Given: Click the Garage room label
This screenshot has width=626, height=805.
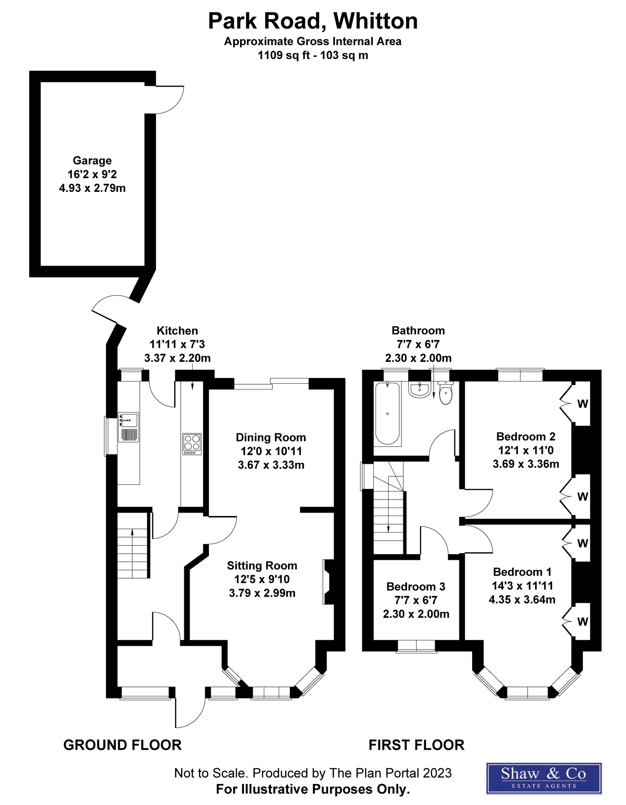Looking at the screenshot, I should (x=92, y=161).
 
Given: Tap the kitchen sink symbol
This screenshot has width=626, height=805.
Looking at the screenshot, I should (x=128, y=427).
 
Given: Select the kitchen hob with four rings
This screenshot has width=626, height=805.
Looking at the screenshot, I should (x=192, y=444).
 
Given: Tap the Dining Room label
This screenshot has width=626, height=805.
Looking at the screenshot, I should (x=271, y=437).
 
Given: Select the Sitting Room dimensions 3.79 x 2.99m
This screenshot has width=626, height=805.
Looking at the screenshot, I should (x=262, y=593).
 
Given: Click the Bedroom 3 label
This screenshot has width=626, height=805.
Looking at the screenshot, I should (x=416, y=586).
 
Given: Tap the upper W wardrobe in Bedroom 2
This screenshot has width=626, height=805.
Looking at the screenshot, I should (x=582, y=404).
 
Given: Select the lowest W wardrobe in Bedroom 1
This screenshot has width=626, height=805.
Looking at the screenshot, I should (x=582, y=622).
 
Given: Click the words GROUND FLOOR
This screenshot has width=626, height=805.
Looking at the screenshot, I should (x=123, y=745).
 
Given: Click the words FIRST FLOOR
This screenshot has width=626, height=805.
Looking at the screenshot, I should (x=416, y=745).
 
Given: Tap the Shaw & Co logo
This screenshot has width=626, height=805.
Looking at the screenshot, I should (x=544, y=778).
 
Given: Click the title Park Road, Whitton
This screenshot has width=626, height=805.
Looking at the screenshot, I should (x=313, y=21).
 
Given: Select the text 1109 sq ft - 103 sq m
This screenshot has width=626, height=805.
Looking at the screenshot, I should (x=313, y=55).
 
